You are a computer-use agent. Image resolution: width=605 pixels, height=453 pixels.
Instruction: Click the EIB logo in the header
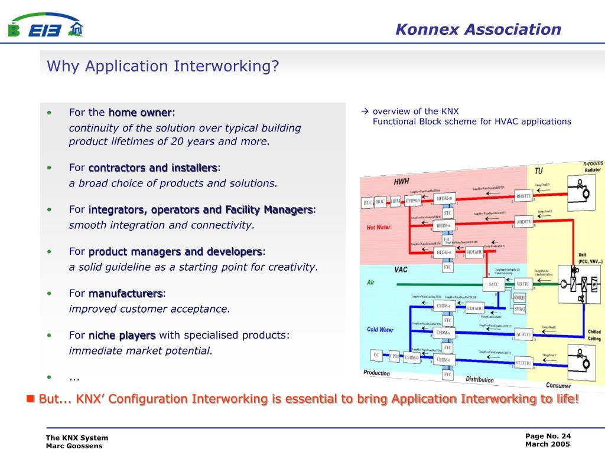tap(45, 27)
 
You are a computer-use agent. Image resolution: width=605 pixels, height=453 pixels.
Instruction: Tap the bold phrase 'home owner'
tap(140, 112)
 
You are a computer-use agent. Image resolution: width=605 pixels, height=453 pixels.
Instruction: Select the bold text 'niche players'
tap(122, 335)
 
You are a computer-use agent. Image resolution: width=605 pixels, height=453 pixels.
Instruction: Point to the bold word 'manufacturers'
tap(126, 293)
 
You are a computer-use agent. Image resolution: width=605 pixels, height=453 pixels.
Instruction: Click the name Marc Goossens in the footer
tap(70, 446)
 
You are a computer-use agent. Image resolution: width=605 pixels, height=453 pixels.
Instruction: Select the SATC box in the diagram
tap(494, 284)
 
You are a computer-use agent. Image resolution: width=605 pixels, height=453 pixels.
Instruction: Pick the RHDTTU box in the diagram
tap(523, 196)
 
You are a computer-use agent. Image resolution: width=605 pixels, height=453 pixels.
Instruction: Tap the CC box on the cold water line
tap(376, 355)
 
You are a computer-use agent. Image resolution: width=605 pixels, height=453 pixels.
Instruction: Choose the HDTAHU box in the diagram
tap(475, 252)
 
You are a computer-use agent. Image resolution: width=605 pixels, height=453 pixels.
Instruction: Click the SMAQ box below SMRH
tap(519, 308)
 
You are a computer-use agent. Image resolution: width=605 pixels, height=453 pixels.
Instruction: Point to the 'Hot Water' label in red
tap(378, 227)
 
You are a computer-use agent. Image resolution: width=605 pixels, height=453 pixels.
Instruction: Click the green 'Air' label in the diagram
tap(370, 283)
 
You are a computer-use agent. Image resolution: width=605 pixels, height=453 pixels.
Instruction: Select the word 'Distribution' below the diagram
tap(479, 379)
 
